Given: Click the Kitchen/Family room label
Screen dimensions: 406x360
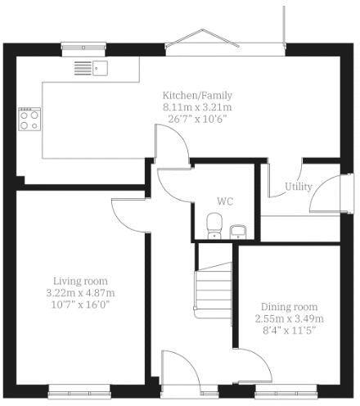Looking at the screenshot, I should point(196,95).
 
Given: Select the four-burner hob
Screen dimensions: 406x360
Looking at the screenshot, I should point(29,120).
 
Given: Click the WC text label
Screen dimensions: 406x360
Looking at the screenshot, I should point(225,201).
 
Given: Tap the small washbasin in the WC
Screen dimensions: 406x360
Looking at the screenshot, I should point(237,231).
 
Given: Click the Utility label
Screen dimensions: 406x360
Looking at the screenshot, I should point(298,187).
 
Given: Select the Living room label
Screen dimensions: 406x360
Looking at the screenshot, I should point(80,281).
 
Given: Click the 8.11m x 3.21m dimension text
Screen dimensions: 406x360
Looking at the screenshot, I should point(197,107).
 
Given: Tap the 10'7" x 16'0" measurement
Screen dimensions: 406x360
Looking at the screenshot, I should point(80,304).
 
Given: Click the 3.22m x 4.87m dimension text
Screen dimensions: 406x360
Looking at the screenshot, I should point(80,293).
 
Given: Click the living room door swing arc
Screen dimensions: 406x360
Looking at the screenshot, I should point(127,214).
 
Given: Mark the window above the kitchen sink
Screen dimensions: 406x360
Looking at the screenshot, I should point(84,46).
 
